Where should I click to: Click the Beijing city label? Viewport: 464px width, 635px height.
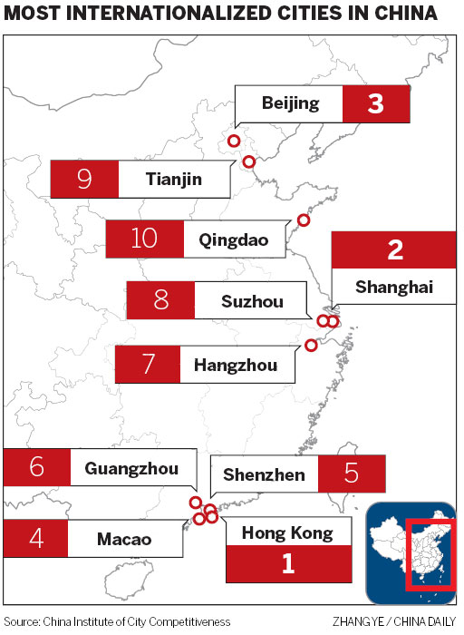[x=290, y=103]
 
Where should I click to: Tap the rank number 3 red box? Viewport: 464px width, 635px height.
[x=375, y=104]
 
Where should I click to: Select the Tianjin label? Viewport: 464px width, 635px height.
[x=173, y=179]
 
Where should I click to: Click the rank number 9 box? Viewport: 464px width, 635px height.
[x=84, y=179]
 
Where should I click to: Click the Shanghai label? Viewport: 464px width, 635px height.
[x=394, y=288]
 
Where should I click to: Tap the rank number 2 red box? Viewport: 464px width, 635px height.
[x=394, y=249]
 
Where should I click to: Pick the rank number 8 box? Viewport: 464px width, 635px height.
[x=161, y=300]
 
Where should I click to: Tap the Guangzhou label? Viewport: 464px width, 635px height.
[x=130, y=468]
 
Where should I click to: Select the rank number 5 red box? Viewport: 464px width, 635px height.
[x=352, y=474]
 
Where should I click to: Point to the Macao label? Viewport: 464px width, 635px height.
[x=123, y=539]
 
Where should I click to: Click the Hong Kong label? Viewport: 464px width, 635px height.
[x=286, y=532]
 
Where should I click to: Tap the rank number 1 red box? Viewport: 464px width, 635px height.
[x=288, y=564]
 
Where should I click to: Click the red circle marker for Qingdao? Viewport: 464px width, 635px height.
[x=304, y=220]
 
